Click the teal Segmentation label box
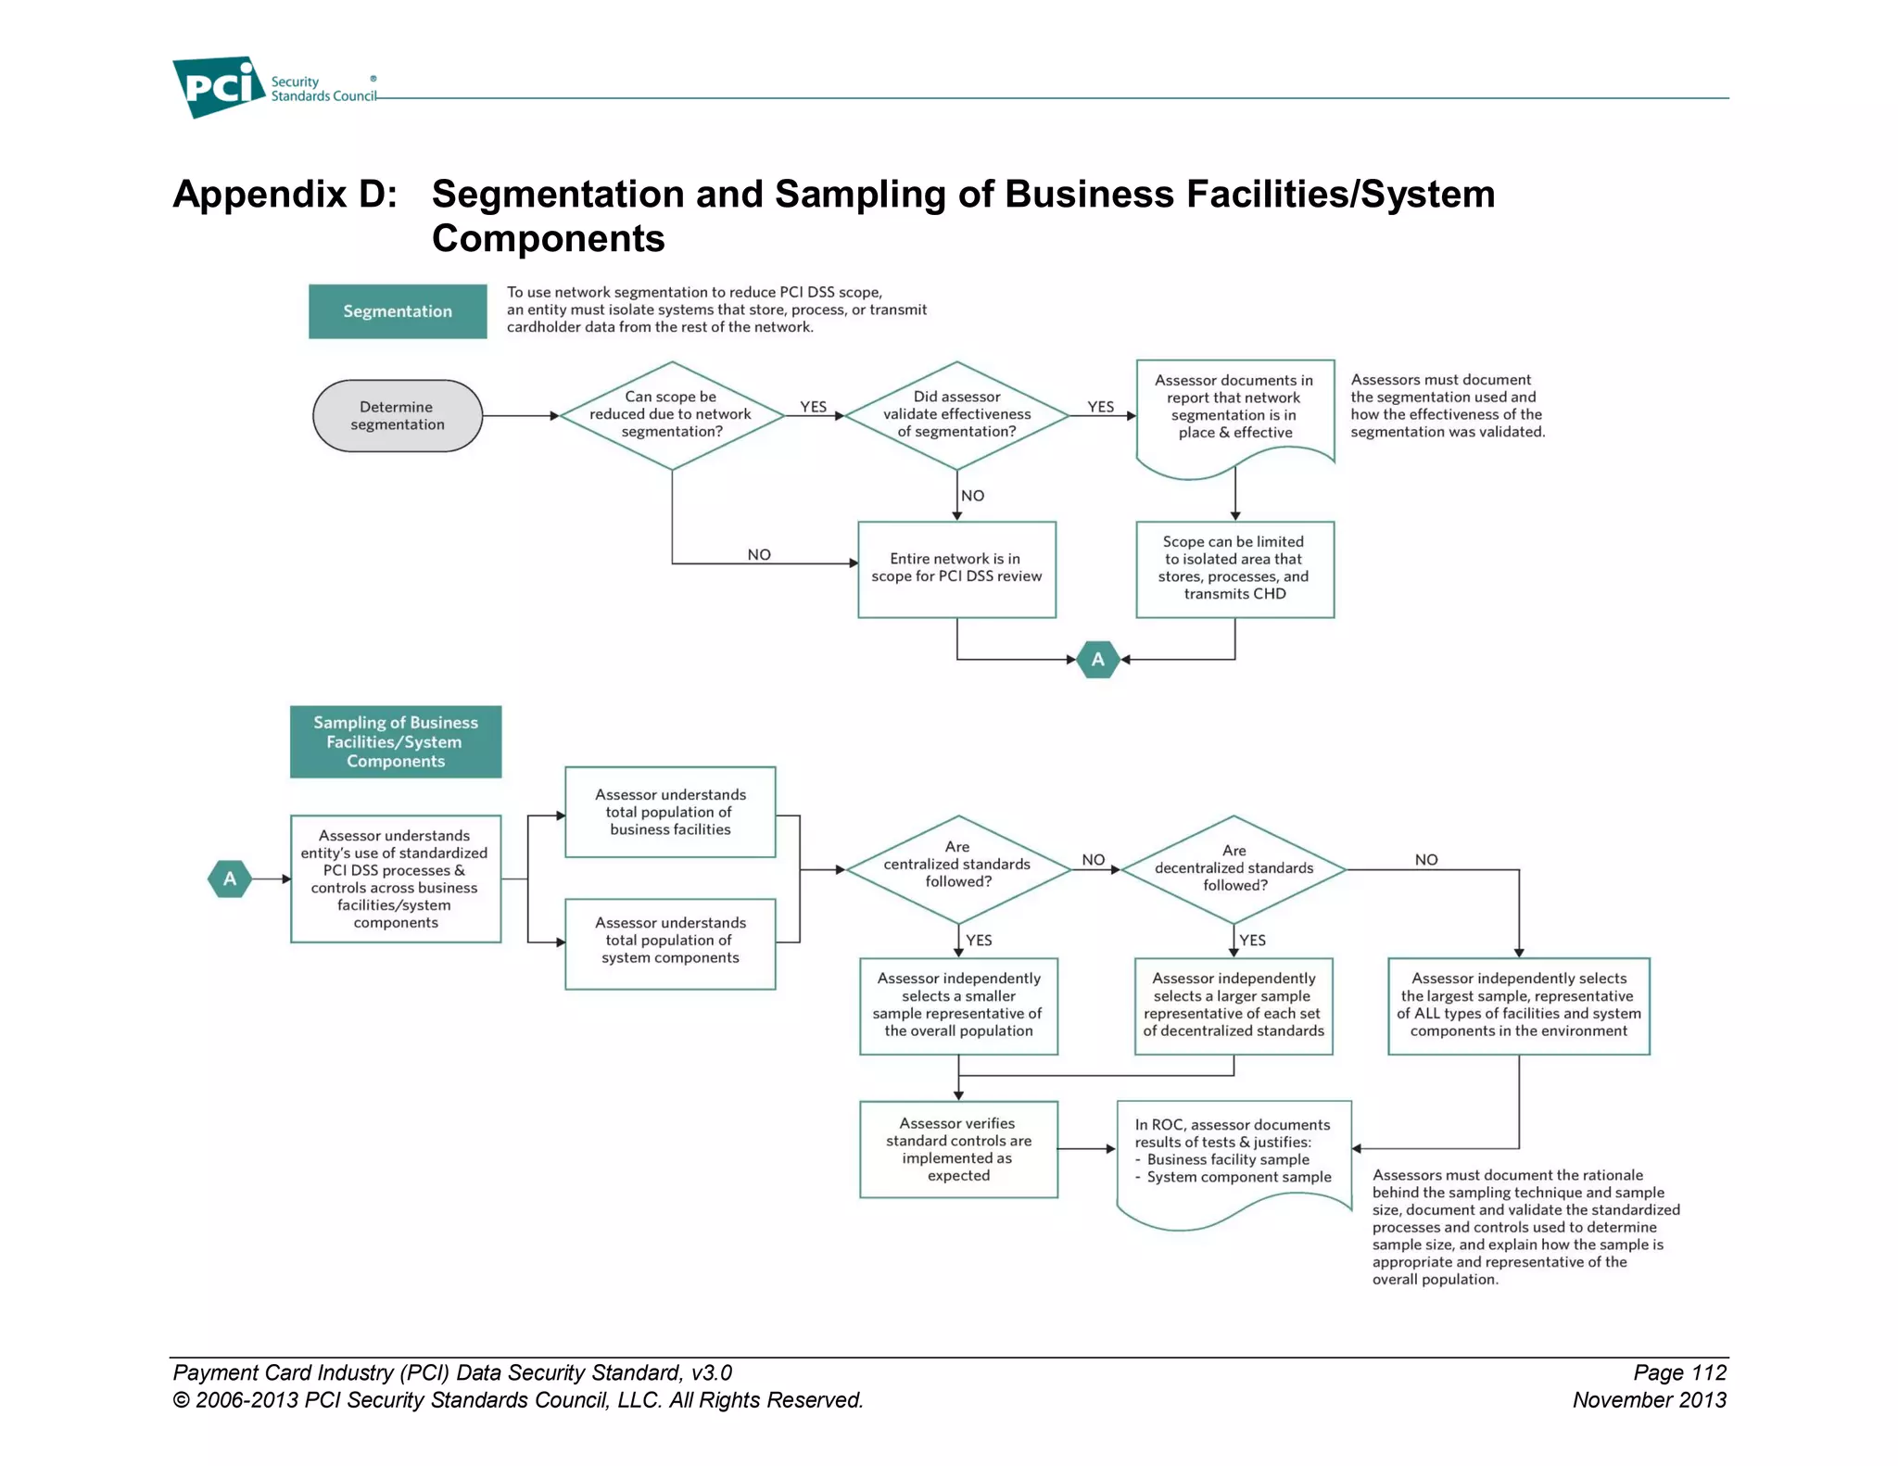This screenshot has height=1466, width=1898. coord(398,311)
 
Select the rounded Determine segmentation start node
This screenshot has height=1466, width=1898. coord(398,416)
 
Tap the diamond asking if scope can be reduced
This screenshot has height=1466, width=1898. coord(672,415)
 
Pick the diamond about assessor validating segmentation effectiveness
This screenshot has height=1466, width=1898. coord(956,415)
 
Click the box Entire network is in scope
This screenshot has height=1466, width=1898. coord(956,568)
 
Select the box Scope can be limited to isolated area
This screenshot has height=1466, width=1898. coord(1234,568)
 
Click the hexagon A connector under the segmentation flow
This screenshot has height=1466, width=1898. coord(1098,660)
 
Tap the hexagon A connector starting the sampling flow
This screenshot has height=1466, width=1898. coord(230,878)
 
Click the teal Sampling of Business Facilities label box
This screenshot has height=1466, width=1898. coord(396,741)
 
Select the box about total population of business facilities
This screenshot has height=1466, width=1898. coord(670,812)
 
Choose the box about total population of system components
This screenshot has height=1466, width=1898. coord(670,942)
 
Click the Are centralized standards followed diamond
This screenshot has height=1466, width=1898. coord(958,868)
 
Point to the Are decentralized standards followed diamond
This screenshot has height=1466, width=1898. coord(1234,868)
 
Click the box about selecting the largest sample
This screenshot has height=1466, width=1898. coord(1518,1005)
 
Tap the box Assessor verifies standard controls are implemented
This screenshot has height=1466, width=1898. coord(958,1149)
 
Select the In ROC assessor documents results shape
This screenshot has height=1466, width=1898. coord(1234,1154)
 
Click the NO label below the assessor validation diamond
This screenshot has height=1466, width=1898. coord(972,496)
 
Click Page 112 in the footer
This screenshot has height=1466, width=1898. coord(1679,1372)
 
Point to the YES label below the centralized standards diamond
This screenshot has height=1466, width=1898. coord(979,940)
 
